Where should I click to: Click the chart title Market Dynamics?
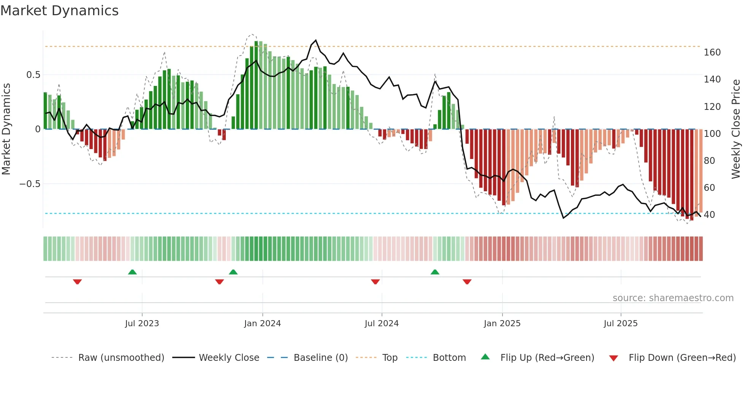(x=59, y=11)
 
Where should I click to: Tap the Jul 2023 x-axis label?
(x=142, y=324)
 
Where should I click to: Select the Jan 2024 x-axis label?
(x=262, y=324)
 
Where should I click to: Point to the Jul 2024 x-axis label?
(x=382, y=324)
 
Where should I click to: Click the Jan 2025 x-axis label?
(x=502, y=324)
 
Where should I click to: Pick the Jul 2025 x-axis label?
(x=621, y=324)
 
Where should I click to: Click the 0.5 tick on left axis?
(x=33, y=75)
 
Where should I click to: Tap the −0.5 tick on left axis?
(x=30, y=184)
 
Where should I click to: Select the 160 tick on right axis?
(x=712, y=52)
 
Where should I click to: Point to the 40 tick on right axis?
(x=709, y=215)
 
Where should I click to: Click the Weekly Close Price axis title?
(x=736, y=129)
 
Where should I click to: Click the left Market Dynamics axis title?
(x=6, y=129)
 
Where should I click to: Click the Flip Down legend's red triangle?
(x=613, y=358)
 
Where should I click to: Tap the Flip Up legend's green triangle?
(x=485, y=357)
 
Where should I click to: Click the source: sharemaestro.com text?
(x=673, y=298)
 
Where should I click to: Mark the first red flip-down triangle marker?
(x=78, y=282)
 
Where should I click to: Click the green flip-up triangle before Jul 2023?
(x=132, y=272)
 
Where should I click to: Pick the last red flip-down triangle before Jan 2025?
(x=467, y=282)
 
